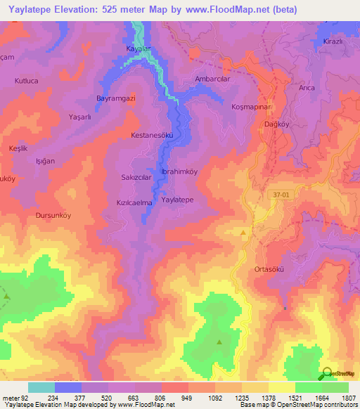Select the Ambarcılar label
point(212,79)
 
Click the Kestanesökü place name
point(152,134)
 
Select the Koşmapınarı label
point(251,106)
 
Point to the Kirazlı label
point(331,42)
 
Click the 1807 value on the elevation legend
point(349,397)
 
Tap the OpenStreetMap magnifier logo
point(326,375)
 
